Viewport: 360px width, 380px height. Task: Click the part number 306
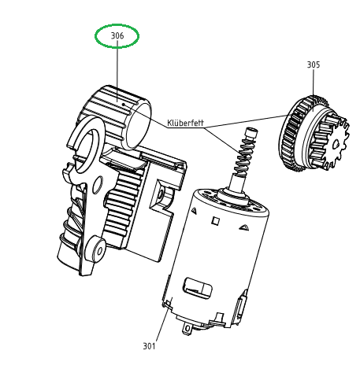[x=117, y=35]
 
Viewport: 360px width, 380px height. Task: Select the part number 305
[x=314, y=65]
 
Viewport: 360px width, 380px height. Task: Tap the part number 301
[x=149, y=346]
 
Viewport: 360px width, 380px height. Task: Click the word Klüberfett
[x=185, y=123]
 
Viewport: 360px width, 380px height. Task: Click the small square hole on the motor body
[x=215, y=221]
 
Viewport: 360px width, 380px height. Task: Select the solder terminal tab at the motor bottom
[x=187, y=329]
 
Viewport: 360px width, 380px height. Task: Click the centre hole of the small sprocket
[x=336, y=144]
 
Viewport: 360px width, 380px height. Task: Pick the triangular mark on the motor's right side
[x=244, y=227]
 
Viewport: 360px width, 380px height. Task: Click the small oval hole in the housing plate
[x=98, y=185]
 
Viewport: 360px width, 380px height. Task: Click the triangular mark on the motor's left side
[x=194, y=211]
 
